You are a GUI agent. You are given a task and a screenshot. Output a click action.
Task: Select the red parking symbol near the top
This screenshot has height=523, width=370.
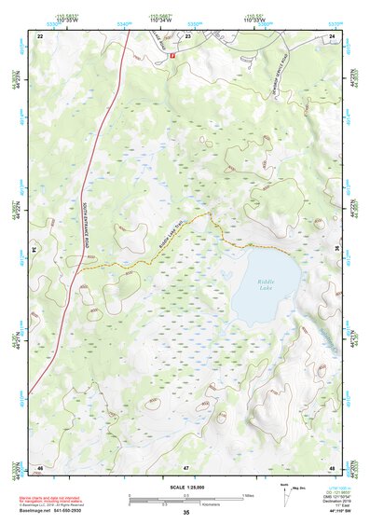(171, 55)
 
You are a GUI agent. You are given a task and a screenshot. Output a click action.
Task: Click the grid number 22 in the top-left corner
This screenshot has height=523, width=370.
(40, 35)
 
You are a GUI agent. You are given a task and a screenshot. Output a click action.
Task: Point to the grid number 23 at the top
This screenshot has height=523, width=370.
(187, 35)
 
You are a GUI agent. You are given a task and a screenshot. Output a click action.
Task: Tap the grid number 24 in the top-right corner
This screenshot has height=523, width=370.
(332, 35)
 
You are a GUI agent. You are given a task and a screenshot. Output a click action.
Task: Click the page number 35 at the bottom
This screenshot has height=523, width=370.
(185, 513)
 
